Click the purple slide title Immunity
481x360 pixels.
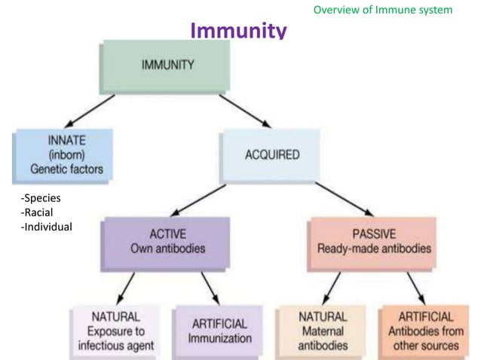[x=238, y=31]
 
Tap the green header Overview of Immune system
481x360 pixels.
[x=382, y=10]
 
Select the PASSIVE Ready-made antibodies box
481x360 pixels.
[x=371, y=242]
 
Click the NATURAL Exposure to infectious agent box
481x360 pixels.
[x=115, y=331]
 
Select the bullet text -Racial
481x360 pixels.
[x=37, y=212]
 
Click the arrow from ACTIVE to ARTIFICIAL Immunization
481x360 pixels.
[x=208, y=287]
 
